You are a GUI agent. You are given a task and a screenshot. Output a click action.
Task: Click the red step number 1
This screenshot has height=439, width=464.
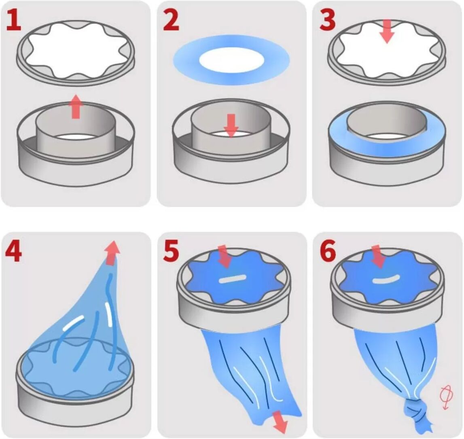click(x=14, y=19)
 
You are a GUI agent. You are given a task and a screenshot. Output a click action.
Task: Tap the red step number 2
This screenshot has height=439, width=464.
click(x=172, y=20)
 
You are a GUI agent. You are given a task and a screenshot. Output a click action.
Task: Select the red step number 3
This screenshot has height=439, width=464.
click(x=328, y=20)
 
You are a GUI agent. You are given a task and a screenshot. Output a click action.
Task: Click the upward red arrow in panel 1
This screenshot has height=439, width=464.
click(x=76, y=106)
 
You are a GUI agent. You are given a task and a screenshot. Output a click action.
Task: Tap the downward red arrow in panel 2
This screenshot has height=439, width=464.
click(x=231, y=125)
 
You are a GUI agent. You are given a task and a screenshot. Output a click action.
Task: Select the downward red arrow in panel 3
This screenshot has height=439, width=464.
click(x=387, y=31)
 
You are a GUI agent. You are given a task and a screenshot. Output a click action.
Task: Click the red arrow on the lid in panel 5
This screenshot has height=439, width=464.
click(x=224, y=257)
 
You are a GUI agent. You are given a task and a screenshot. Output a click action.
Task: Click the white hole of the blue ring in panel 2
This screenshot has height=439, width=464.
click(x=232, y=60)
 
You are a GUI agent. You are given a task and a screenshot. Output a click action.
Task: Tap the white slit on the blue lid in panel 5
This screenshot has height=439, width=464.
click(x=233, y=278)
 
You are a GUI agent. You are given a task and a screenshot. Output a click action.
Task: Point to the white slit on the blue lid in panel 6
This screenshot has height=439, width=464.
click(x=386, y=279)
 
